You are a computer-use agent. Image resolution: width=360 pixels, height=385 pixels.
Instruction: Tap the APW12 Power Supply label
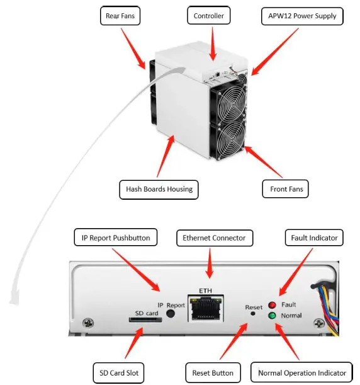coord(301,16)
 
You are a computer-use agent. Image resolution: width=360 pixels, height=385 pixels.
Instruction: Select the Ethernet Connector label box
coord(215,238)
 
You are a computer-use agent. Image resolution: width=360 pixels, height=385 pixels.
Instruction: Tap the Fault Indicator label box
coord(315,238)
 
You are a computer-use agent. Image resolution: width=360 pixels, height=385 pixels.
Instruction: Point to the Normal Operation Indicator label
coord(302,372)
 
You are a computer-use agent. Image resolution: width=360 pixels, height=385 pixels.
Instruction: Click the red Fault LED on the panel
coord(272,305)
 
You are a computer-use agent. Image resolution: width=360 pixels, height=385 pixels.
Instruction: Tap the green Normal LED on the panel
coord(272,315)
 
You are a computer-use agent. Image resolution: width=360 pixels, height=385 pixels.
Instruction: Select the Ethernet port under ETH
coord(206,308)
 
